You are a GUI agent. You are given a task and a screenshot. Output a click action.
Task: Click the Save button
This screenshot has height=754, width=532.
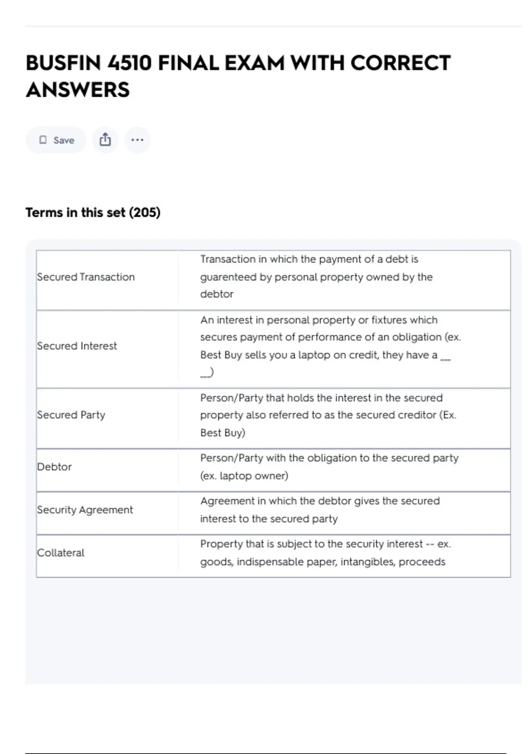56,140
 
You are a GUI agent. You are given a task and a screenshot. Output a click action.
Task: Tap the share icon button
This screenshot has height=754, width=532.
105,140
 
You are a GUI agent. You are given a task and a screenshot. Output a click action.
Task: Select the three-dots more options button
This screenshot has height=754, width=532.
137,140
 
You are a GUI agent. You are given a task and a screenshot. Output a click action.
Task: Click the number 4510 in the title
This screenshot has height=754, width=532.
129,63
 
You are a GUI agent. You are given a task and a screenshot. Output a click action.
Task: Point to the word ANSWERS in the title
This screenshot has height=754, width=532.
78,90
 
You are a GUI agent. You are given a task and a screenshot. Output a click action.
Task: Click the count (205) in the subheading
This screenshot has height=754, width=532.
145,212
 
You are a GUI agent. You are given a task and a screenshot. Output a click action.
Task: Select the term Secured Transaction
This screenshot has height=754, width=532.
86,277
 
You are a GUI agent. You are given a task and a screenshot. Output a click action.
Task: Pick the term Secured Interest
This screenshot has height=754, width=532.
77,346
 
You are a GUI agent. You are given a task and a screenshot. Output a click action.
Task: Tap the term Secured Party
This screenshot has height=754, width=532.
71,415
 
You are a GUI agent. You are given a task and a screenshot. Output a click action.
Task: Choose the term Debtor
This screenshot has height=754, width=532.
55,467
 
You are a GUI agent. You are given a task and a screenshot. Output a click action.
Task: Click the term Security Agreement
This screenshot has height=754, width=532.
85,510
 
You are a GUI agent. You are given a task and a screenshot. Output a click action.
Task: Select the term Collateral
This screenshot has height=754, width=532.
61,553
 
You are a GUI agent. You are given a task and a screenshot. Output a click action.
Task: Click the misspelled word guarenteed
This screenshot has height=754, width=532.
228,277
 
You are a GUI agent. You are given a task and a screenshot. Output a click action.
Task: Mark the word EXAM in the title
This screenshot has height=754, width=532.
254,63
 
